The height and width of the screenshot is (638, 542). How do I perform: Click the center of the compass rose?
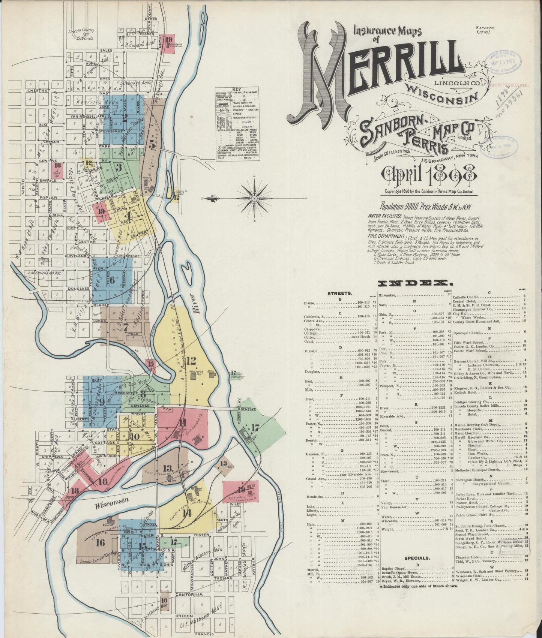pyautogui.click(x=254, y=198)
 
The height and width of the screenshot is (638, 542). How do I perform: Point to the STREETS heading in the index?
pyautogui.click(x=340, y=293)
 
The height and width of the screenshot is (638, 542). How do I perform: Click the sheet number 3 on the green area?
pyautogui.click(x=119, y=167)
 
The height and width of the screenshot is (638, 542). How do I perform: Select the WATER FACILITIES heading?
pyautogui.click(x=385, y=217)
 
